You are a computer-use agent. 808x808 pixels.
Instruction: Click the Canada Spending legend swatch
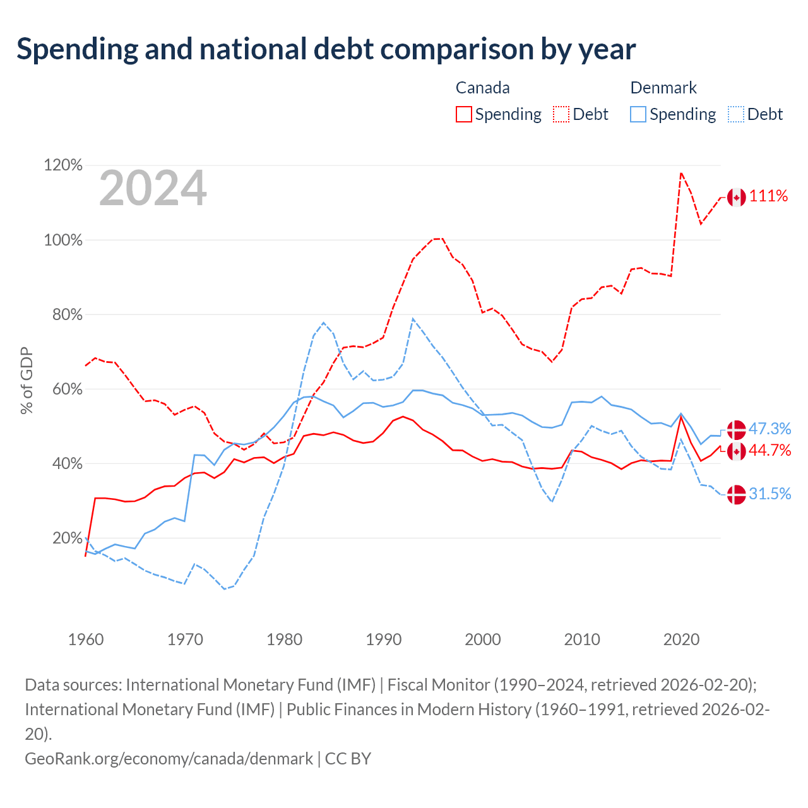coord(463,114)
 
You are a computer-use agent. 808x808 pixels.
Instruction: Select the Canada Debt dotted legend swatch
coord(561,114)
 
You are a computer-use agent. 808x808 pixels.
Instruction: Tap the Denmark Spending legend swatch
coord(638,114)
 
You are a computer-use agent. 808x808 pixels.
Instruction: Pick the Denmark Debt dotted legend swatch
coord(735,114)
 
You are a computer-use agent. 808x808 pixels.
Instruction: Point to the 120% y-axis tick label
coord(63,165)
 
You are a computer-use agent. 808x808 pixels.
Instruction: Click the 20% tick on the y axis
coord(67,538)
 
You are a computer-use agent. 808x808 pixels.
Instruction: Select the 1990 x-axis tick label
coord(383,640)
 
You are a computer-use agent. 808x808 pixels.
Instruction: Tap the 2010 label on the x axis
coord(582,640)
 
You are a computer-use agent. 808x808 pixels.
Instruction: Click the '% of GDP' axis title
coord(27,381)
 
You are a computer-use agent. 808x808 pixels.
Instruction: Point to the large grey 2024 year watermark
coord(153,188)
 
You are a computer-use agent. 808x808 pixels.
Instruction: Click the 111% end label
coord(768,196)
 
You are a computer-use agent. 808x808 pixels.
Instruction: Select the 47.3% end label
coord(769,429)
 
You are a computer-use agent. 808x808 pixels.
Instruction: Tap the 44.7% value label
coord(769,450)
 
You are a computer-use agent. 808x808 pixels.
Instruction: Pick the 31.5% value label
coord(769,494)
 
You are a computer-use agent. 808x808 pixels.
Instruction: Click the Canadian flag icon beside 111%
coord(736,198)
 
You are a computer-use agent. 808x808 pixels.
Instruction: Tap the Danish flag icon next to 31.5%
coord(736,495)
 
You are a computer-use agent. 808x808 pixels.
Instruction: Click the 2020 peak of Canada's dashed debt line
coord(681,173)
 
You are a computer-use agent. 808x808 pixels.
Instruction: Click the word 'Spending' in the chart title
coord(77,50)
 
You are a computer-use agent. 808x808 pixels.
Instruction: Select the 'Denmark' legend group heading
coord(663,88)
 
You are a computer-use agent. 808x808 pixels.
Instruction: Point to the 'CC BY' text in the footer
coord(348,759)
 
